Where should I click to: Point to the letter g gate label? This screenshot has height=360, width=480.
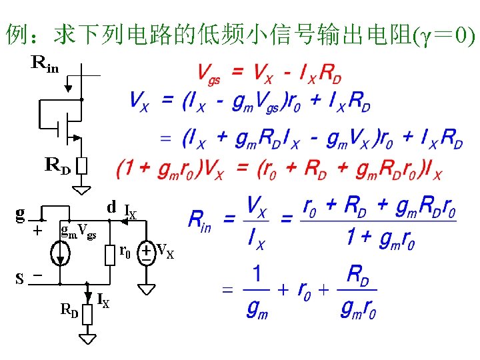[21, 213]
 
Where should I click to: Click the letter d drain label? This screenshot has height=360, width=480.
[111, 207]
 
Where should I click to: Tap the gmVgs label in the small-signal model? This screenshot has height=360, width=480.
[78, 231]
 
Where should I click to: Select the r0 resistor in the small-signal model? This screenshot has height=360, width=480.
[110, 254]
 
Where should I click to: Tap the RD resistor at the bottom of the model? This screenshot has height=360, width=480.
[87, 314]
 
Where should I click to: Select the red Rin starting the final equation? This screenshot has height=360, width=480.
[200, 219]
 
